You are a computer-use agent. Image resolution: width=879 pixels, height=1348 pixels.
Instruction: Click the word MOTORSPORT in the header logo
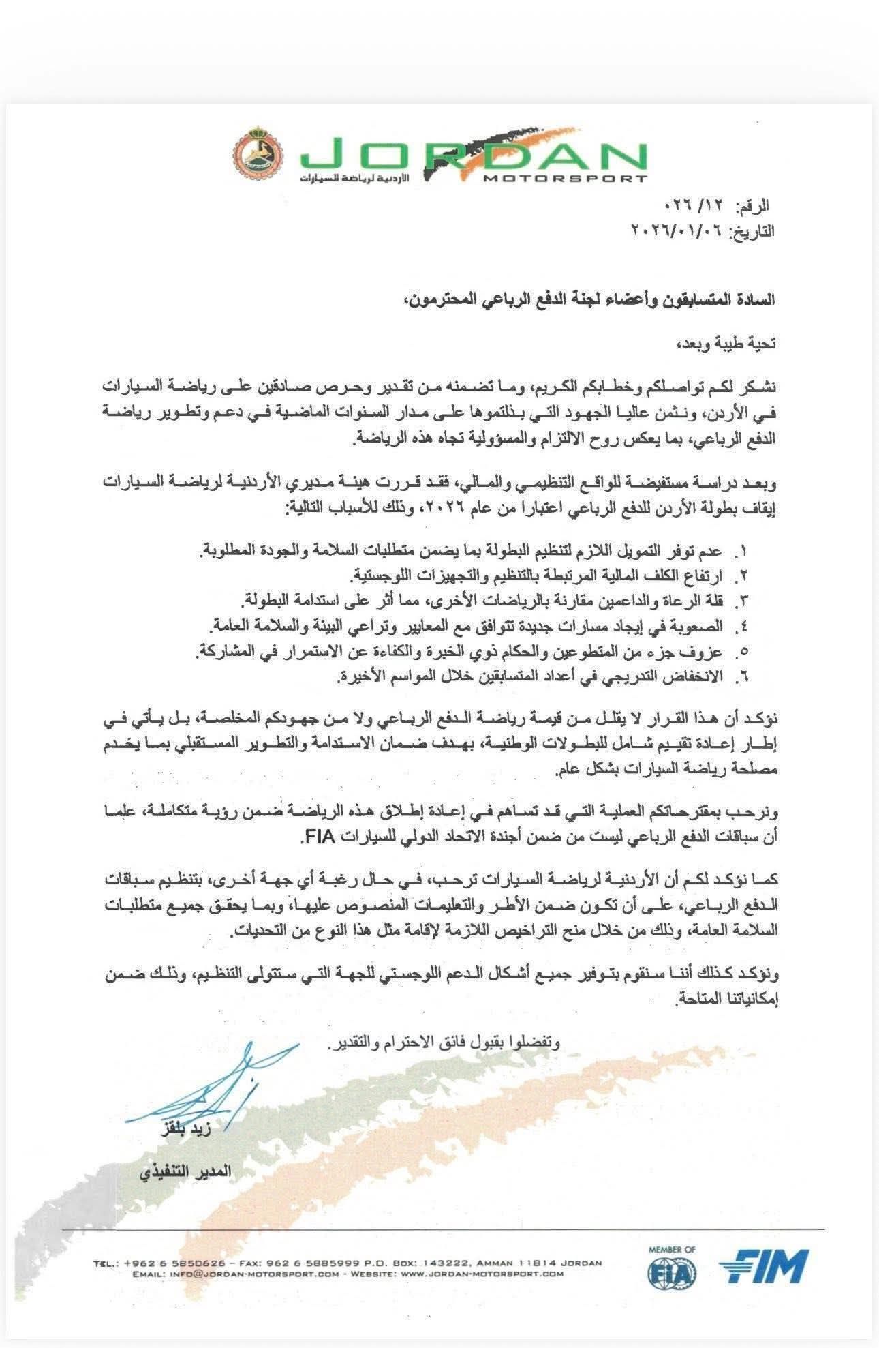pos(565,179)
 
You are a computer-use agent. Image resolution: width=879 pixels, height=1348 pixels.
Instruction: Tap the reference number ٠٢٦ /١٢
pos(703,205)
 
